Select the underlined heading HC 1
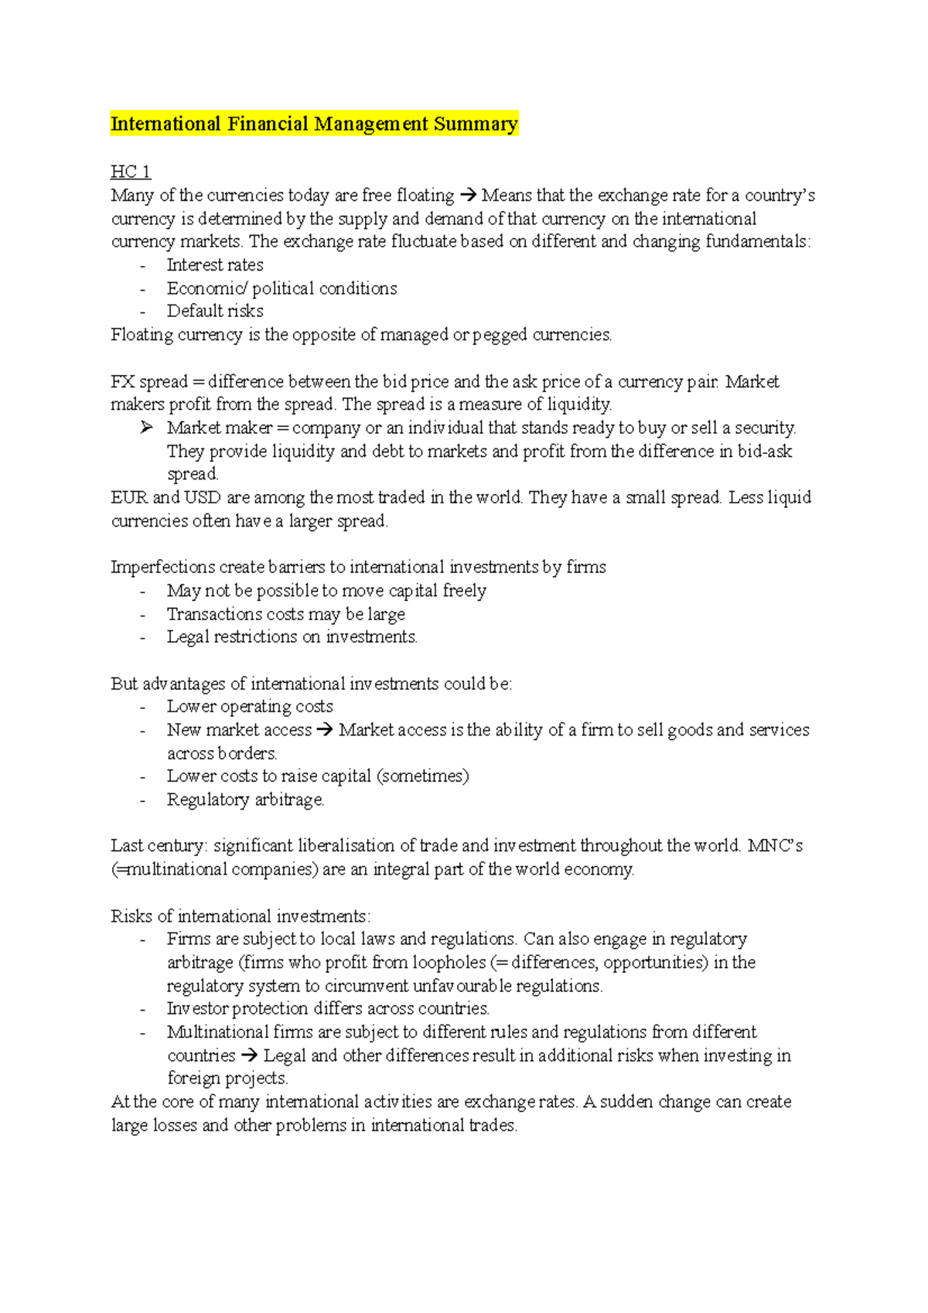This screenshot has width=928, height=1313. [130, 172]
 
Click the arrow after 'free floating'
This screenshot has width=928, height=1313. [468, 196]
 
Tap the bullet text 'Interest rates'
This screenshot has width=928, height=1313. [215, 265]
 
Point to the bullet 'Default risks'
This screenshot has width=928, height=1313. [215, 312]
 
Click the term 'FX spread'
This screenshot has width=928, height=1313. [149, 382]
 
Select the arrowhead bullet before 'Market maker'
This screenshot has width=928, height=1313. [147, 428]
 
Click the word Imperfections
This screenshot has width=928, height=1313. [162, 568]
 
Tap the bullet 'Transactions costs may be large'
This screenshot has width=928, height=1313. [285, 615]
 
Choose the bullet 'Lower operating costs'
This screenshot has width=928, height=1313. [250, 707]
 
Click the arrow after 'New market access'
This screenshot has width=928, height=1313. [325, 731]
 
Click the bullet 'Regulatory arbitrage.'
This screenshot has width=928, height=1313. [245, 800]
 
